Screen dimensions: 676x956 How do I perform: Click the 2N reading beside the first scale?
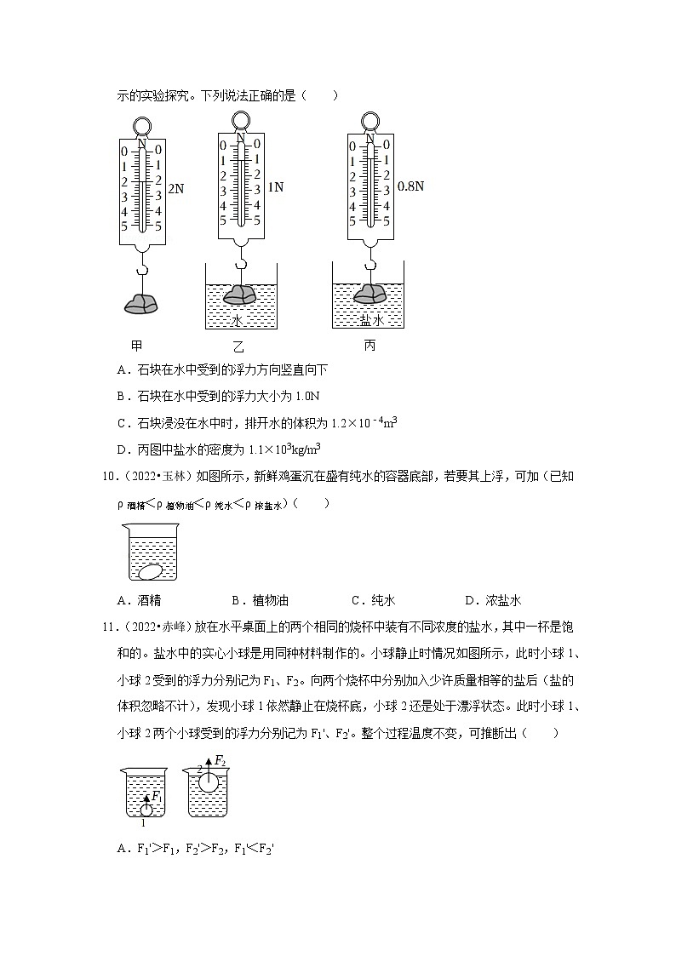[176, 189]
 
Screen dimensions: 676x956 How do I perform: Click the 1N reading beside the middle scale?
[275, 186]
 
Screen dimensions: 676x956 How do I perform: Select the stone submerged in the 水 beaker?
[239, 295]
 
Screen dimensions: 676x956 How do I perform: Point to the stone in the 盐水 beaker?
[369, 294]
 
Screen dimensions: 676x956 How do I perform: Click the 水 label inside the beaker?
[238, 319]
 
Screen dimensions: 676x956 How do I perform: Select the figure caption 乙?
[238, 346]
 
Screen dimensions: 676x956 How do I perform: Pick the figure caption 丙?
[369, 346]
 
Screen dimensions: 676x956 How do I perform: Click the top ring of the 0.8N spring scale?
[370, 121]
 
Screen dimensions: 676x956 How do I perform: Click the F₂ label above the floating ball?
[220, 759]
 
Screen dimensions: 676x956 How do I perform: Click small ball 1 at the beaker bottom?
[146, 810]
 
